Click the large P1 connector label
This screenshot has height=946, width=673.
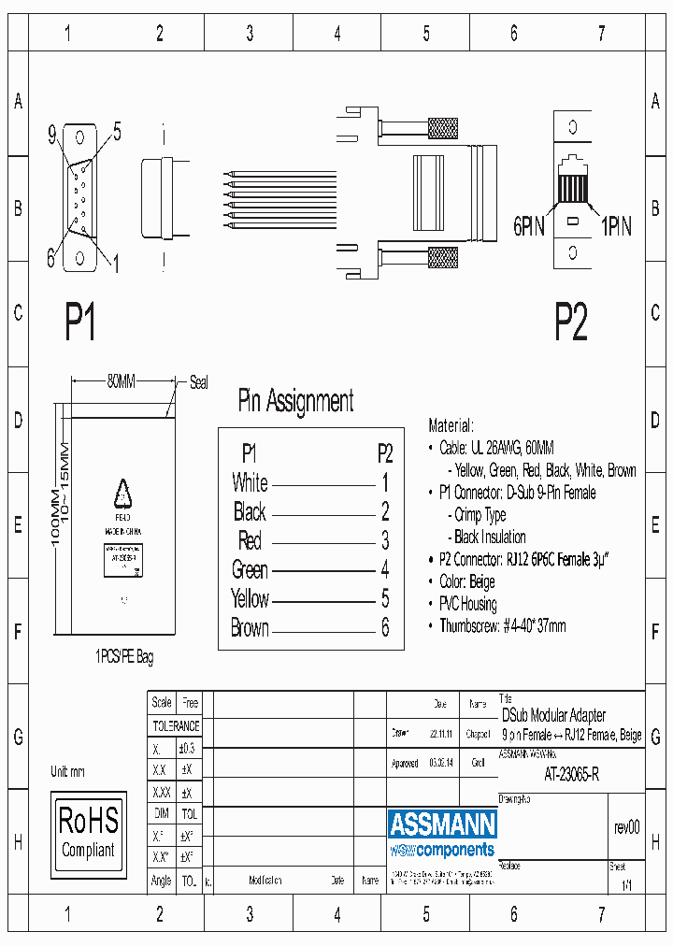click(80, 322)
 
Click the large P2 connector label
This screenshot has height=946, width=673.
click(570, 322)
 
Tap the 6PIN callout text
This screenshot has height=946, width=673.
click(529, 226)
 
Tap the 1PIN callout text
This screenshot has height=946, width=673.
click(615, 226)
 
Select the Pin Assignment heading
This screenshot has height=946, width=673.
click(295, 401)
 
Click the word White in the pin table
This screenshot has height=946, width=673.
click(250, 483)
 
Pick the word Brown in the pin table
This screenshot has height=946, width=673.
click(250, 628)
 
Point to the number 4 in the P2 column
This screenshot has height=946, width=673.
click(385, 569)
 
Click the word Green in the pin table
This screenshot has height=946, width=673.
click(250, 569)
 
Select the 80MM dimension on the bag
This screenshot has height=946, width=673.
click(121, 381)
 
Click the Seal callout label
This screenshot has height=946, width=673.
click(199, 381)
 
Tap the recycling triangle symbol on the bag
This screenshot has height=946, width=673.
click(122, 493)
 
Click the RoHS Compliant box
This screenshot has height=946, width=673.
click(88, 831)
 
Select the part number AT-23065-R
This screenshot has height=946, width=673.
click(571, 774)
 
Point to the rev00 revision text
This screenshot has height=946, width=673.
click(626, 827)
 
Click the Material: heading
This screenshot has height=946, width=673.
click(451, 425)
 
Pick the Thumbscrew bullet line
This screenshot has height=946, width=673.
click(502, 626)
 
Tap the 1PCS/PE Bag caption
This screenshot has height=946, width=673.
click(123, 658)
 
